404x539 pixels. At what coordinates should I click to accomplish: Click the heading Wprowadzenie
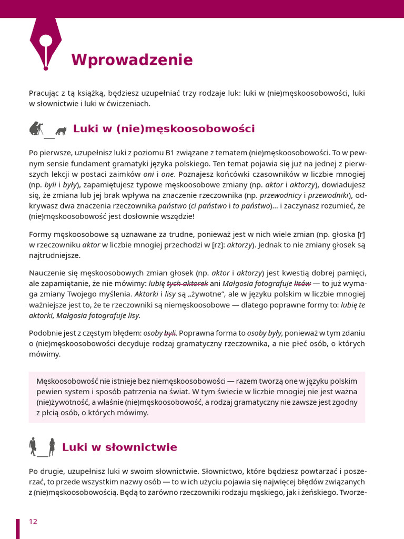pyautogui.click(x=132, y=60)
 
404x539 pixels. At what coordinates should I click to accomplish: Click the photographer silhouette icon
pyautogui.click(x=36, y=128)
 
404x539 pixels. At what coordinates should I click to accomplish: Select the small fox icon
pyautogui.click(x=61, y=131)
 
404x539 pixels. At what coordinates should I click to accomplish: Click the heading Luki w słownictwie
pyautogui.click(x=119, y=447)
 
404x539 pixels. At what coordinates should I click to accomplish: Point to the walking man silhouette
pyautogui.click(x=33, y=446)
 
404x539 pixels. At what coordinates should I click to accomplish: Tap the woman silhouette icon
pyautogui.click(x=52, y=447)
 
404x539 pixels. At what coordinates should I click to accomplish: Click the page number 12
pyautogui.click(x=33, y=522)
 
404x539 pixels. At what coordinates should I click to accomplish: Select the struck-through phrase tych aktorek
pyautogui.click(x=187, y=284)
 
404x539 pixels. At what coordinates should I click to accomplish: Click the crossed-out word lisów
pyautogui.click(x=302, y=284)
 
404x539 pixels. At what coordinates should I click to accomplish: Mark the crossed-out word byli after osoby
pyautogui.click(x=170, y=333)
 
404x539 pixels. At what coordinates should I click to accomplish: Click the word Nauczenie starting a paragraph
pyautogui.click(x=47, y=273)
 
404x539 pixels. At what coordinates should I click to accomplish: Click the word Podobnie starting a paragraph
pyautogui.click(x=45, y=333)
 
